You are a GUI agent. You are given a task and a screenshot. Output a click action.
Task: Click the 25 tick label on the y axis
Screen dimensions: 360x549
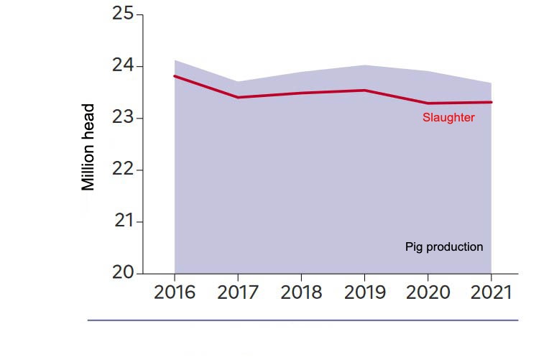[124, 14]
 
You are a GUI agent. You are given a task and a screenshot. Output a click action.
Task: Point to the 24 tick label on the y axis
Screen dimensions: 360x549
[124, 66]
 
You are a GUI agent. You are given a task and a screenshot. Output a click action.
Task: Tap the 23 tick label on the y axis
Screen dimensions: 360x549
[124, 118]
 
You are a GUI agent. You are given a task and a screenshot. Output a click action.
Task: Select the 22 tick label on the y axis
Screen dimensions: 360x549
[124, 170]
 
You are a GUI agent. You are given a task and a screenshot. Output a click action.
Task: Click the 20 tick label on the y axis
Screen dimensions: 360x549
[124, 273]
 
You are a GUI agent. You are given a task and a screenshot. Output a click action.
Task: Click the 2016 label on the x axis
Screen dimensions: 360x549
[175, 293]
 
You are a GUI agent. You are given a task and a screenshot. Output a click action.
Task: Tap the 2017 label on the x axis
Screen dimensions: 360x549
[238, 293]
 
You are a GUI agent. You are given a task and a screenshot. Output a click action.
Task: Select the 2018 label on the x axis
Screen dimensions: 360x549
[301, 293]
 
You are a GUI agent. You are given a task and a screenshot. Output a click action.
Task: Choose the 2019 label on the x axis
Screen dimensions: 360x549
[364, 293]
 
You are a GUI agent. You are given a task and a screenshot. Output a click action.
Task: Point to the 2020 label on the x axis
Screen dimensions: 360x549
[428, 293]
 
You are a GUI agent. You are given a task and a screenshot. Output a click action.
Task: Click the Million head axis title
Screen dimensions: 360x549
[88, 147]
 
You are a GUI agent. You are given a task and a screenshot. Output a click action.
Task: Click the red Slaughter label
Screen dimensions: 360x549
[448, 118]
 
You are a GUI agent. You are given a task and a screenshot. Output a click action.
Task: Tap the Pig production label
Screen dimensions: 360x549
[444, 247]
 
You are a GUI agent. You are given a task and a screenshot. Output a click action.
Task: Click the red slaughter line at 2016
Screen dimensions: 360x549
[175, 76]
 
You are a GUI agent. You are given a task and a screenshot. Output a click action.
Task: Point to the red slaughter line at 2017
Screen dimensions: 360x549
[238, 97]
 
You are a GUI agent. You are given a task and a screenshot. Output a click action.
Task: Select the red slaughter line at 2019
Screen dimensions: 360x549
[364, 91]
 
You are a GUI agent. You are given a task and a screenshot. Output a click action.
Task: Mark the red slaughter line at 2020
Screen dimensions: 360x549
[428, 103]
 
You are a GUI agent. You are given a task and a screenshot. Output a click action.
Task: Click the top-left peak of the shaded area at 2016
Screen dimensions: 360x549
[175, 61]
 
